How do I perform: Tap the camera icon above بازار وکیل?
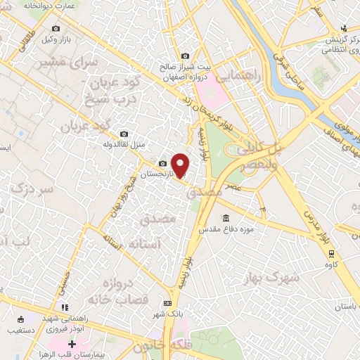pyautogui.click(x=56, y=29)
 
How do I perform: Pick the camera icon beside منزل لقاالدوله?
pyautogui.click(x=124, y=134)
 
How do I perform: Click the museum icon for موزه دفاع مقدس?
pyautogui.click(x=226, y=218)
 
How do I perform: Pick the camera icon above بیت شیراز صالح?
pyautogui.click(x=185, y=56)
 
